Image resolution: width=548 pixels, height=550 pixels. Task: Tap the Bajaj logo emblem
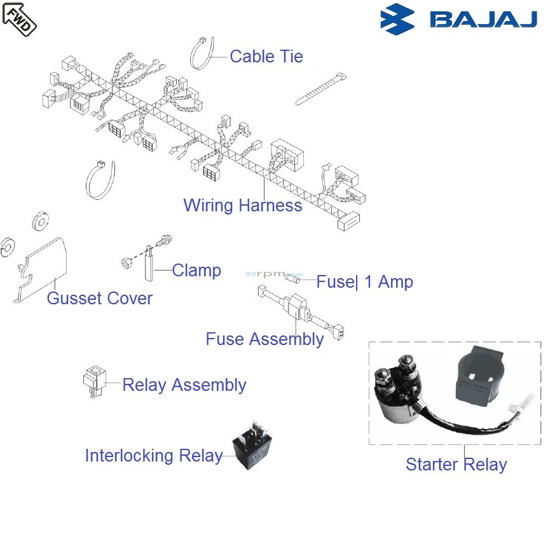click(x=397, y=20)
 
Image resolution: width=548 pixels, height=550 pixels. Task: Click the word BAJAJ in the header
click(x=483, y=20)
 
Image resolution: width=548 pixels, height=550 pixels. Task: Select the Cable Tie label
click(x=266, y=57)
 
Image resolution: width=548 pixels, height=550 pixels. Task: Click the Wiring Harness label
click(x=242, y=206)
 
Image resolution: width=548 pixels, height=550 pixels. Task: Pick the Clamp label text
click(x=196, y=271)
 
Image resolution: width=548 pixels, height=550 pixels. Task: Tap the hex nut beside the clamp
click(x=127, y=262)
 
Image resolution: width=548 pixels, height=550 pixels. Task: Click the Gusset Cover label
click(x=100, y=299)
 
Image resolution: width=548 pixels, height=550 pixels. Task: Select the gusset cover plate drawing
click(x=41, y=267)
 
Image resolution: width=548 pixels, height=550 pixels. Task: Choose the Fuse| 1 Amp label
click(x=364, y=282)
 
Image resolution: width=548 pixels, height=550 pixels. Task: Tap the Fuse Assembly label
click(x=264, y=339)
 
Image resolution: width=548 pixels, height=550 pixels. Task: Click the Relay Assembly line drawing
click(x=93, y=382)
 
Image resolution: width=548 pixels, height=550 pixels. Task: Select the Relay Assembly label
click(x=184, y=385)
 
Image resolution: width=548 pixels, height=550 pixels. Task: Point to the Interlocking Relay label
click(x=153, y=456)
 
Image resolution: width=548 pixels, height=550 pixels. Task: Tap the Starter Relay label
click(x=456, y=465)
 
